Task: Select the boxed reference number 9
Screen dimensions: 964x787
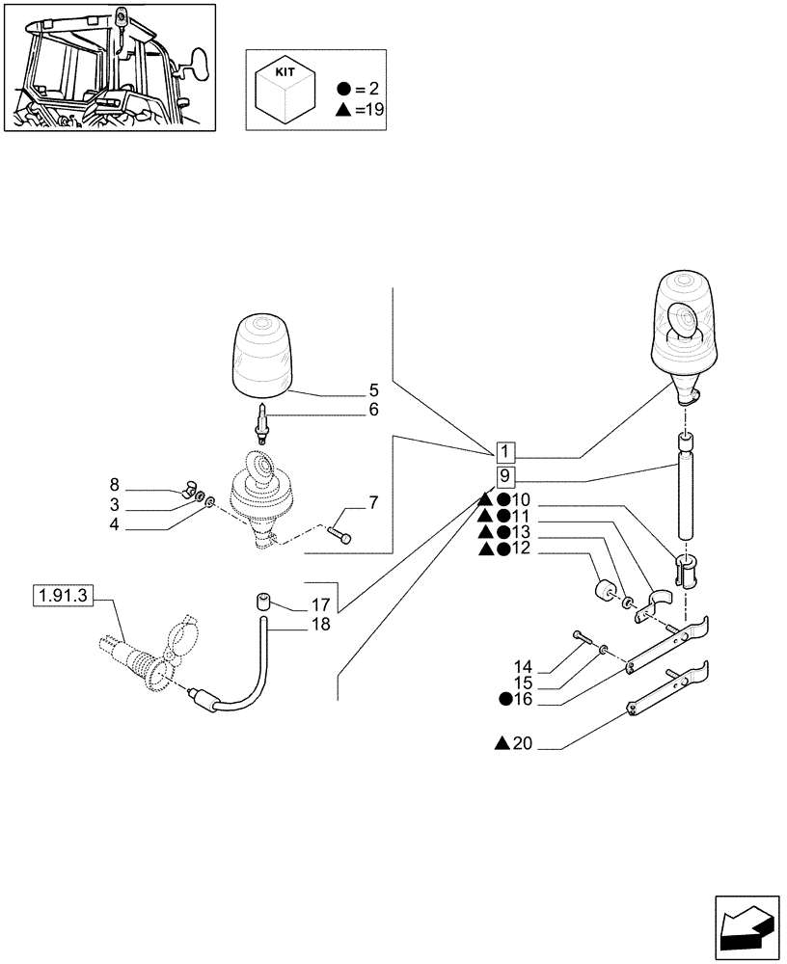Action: (x=506, y=477)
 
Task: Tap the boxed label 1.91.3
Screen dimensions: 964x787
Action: (x=61, y=597)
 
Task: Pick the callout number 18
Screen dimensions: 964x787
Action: (x=321, y=625)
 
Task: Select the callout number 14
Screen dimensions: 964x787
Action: (x=523, y=666)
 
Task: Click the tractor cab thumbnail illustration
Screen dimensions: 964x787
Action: (x=109, y=67)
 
